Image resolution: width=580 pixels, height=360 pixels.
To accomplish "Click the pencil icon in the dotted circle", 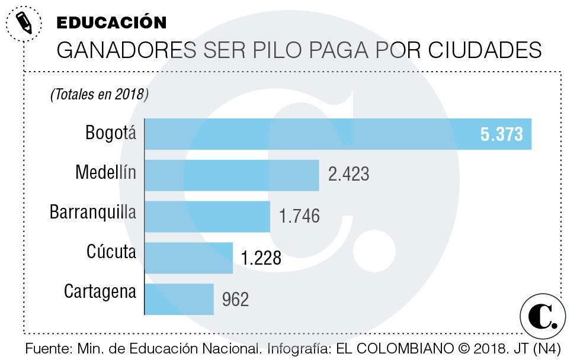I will click(24, 23).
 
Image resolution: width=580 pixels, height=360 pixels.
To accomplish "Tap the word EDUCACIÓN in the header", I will click(111, 22).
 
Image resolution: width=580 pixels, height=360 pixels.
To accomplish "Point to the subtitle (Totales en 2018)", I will click(99, 94).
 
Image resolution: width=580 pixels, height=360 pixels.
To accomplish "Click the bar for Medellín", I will click(232, 175).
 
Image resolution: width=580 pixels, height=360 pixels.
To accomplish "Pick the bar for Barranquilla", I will click(207, 216).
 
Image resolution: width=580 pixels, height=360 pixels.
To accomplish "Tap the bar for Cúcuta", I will click(188, 258).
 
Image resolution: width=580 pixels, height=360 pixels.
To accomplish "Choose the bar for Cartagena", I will click(179, 299).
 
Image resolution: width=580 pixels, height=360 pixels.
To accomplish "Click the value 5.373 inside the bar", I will click(501, 134).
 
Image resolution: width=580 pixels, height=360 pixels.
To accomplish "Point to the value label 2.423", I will click(348, 175).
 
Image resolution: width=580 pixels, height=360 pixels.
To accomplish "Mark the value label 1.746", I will click(299, 216).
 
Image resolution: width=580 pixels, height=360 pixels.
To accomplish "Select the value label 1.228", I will click(261, 258).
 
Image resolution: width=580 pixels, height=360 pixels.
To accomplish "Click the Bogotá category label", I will click(111, 133).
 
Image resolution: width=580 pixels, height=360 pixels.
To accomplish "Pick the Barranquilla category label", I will click(93, 212).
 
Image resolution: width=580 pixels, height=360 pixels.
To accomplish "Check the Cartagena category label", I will click(100, 292).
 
